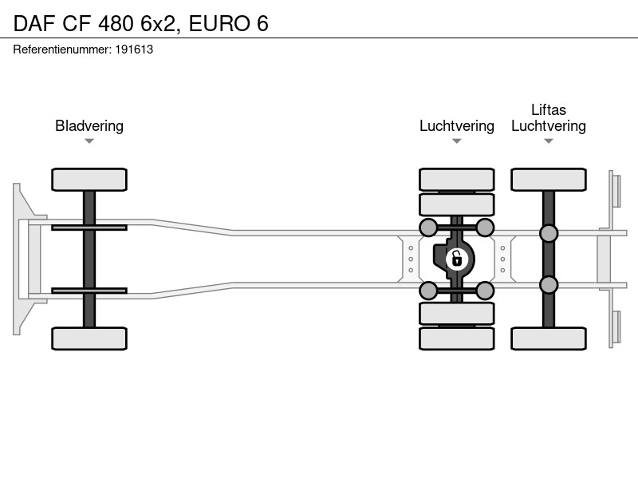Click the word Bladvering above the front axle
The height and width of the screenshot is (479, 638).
click(89, 126)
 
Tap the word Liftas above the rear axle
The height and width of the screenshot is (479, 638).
click(549, 109)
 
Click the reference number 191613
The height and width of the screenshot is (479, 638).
click(134, 49)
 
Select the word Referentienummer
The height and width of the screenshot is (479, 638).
click(62, 49)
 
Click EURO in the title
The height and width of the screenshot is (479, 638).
click(219, 23)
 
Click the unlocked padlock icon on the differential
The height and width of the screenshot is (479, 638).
click(456, 259)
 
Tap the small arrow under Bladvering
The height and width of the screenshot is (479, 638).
click(89, 141)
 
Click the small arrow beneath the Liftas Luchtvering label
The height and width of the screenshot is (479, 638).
click(549, 141)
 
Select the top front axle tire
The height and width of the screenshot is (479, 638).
click(89, 180)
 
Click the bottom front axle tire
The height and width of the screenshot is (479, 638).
click(89, 338)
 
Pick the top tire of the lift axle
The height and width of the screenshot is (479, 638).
click(549, 180)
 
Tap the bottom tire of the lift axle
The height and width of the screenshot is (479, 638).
click(549, 338)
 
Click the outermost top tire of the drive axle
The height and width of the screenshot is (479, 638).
click(456, 180)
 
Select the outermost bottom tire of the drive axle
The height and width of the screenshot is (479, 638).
click(456, 338)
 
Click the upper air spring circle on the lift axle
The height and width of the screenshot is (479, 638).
click(549, 233)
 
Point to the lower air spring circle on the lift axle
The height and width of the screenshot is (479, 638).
click(549, 285)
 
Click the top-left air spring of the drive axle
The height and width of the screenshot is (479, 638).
click(428, 228)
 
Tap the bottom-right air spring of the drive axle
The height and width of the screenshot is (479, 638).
click(485, 291)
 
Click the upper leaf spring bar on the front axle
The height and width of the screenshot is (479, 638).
click(89, 228)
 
